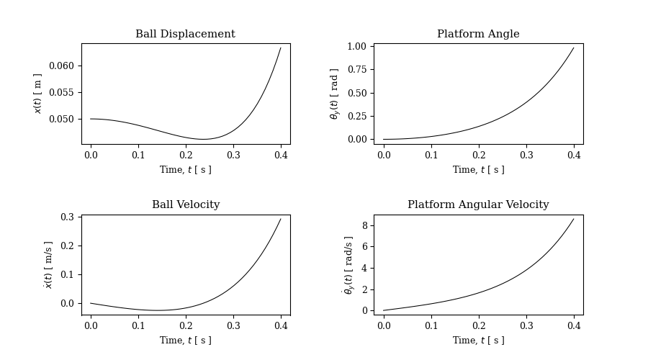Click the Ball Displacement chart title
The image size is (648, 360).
185,35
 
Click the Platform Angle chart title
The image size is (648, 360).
478,35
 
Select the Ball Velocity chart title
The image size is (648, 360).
186,205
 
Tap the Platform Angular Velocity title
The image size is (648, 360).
478,205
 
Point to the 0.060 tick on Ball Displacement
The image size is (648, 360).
61,66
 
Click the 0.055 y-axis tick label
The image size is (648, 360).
61,93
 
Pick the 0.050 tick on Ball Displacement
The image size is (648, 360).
61,120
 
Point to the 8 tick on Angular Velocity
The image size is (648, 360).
365,225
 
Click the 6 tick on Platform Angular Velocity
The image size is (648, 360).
365,247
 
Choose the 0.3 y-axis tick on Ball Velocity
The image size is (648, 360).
67,217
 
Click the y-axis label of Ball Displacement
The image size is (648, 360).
38,94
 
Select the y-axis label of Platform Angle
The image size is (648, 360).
334,94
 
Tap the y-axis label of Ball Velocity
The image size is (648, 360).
48,265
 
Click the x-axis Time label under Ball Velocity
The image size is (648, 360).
186,341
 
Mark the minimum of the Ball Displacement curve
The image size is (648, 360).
203,139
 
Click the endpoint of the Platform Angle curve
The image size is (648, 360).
574,48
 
